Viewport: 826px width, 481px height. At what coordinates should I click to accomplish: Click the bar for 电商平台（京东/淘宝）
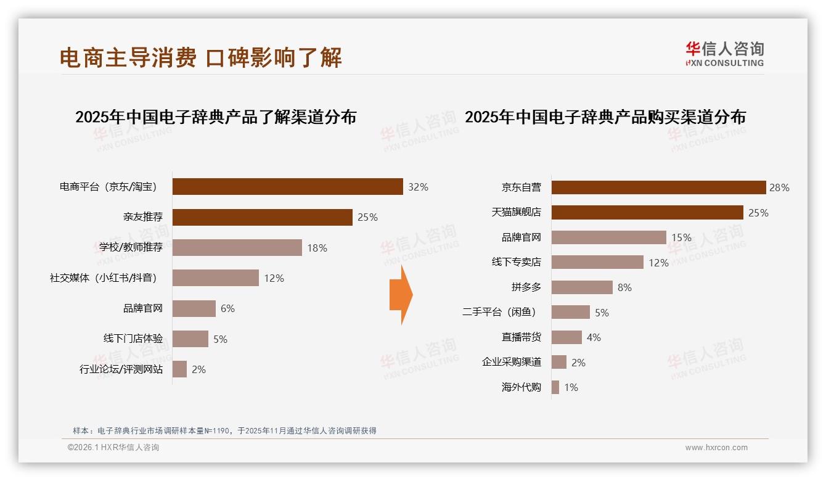coord(287,187)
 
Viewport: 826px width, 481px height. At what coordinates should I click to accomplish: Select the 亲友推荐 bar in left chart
coord(262,217)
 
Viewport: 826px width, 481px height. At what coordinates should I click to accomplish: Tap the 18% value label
coord(317,248)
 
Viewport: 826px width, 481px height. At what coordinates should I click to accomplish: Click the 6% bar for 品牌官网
coord(194,308)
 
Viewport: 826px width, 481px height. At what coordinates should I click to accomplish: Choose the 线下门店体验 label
coord(133,339)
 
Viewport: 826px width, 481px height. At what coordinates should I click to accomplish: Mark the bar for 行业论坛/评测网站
coord(179,369)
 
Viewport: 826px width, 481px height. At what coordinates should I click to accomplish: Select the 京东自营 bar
coord(658,187)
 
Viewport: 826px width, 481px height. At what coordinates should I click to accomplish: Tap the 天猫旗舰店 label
coord(516,213)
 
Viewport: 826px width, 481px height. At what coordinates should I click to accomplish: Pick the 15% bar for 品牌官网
coord(608,237)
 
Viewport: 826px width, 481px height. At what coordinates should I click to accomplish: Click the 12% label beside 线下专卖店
coord(658,263)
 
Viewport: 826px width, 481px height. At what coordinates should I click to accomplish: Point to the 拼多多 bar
coord(581,287)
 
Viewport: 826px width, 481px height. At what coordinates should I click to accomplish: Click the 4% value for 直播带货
coord(594,337)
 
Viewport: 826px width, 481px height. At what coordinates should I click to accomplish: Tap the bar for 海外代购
coord(555,387)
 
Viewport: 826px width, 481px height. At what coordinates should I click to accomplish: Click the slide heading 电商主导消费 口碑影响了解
coord(200,57)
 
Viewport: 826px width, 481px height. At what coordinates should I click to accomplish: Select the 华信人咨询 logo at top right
coord(724,54)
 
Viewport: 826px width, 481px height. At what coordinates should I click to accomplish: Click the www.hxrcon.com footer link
coord(716,448)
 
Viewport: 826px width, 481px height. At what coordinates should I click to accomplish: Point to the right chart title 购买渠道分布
coord(605,117)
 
